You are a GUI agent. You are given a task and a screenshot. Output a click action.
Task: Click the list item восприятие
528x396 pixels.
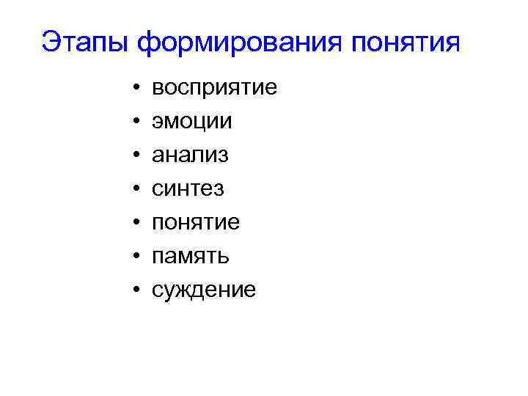214,88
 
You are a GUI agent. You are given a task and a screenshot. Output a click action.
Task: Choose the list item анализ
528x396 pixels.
190,155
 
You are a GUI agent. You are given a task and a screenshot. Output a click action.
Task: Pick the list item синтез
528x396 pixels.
188,189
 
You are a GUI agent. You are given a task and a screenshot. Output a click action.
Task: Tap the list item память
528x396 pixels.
191,257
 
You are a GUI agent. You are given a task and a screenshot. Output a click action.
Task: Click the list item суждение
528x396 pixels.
203,290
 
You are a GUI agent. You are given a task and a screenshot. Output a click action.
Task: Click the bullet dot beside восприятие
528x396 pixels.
137,89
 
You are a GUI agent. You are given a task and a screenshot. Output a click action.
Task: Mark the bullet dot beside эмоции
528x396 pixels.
137,122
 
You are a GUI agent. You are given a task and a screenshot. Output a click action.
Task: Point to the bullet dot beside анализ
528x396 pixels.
137,156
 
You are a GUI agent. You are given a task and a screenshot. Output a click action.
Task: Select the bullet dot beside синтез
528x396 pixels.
137,190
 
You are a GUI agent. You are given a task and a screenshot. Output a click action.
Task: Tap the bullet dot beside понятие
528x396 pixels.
137,224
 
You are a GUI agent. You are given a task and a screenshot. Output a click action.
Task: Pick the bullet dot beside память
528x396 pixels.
137,257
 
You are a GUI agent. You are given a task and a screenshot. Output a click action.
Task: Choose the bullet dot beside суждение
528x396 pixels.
137,291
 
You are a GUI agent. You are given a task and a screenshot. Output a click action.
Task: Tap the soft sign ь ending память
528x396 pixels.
224,257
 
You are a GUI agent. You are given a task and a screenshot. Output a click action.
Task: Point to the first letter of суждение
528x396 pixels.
157,291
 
